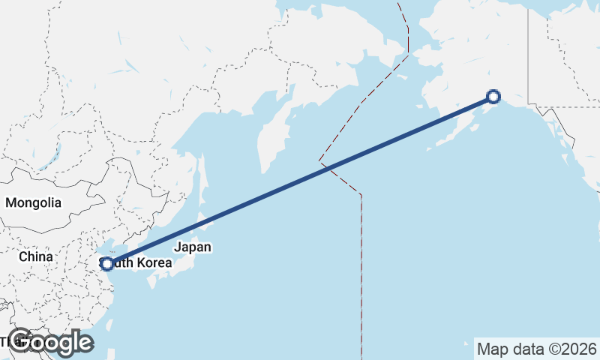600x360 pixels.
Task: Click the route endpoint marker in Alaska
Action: [x=493, y=96]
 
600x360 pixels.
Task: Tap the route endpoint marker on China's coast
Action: [x=107, y=263]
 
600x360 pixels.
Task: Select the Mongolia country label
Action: [x=33, y=202]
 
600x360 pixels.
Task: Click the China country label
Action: [x=36, y=256]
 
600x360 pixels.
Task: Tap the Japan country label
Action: [x=193, y=247]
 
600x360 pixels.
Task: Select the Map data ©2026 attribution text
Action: [x=537, y=349]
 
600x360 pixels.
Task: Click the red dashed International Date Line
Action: [x=361, y=262]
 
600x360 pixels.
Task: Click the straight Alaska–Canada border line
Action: [x=528, y=52]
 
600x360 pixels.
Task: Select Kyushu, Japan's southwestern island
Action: [x=154, y=281]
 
